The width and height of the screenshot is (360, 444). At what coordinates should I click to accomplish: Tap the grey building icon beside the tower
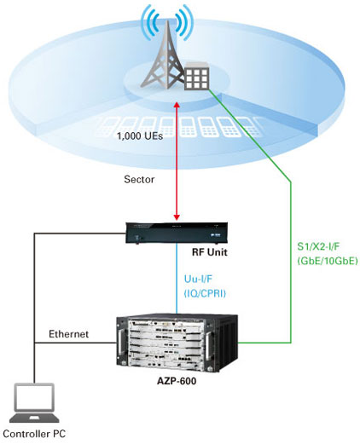click(197, 75)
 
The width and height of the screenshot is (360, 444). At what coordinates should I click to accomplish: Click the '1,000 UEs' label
click(140, 136)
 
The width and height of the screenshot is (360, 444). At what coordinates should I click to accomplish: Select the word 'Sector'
click(139, 179)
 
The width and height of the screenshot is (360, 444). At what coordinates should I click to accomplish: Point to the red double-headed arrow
click(177, 162)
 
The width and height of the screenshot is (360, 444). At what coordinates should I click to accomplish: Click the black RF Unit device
click(177, 234)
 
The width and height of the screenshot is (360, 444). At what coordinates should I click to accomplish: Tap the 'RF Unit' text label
click(210, 252)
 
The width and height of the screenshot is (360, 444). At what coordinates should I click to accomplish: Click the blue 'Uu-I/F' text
click(198, 279)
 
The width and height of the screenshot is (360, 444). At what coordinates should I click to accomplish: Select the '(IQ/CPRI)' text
click(205, 293)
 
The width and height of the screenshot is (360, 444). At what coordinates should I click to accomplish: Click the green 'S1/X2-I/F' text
click(318, 246)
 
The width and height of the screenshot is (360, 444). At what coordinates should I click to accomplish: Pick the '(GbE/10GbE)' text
click(327, 261)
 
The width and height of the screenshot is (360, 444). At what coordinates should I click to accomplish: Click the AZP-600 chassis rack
click(177, 343)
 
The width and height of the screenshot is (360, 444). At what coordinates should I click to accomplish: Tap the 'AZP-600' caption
click(177, 381)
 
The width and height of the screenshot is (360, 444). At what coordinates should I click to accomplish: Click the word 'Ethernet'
click(68, 334)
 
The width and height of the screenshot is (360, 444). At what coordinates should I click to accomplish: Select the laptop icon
click(34, 403)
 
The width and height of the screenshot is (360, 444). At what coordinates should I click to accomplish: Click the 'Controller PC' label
click(34, 434)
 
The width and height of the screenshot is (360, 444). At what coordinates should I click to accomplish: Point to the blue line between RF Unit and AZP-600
click(177, 279)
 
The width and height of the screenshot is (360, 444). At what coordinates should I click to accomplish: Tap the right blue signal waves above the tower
click(184, 23)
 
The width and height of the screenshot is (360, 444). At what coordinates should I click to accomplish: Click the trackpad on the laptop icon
click(34, 418)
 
